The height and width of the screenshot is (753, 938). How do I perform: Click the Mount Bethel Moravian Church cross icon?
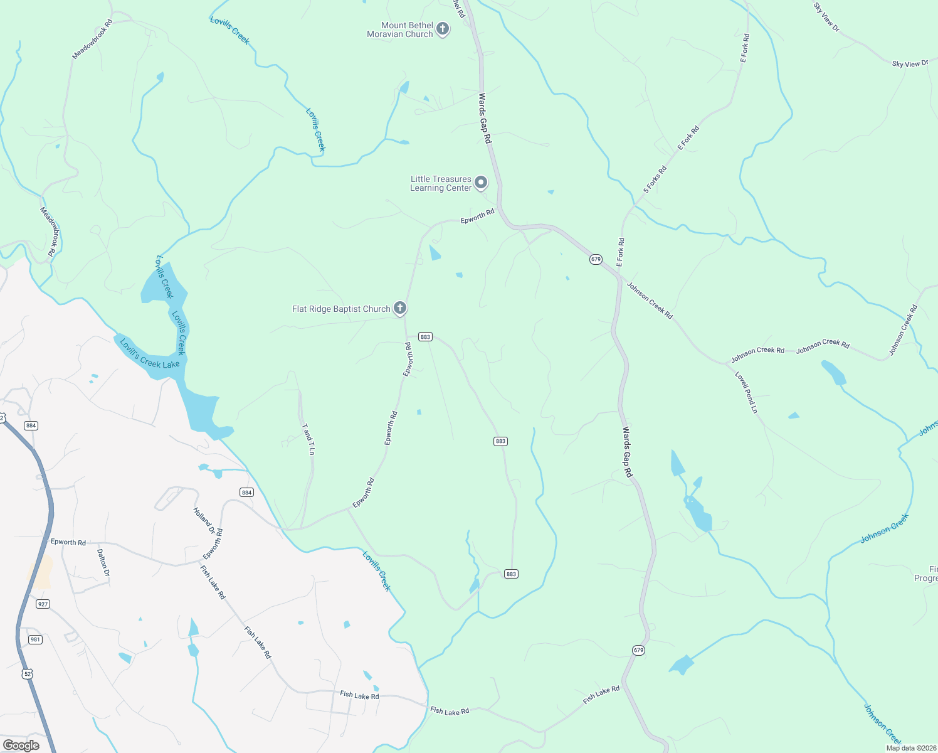tap(443, 29)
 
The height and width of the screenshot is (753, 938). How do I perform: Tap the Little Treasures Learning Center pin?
tap(481, 183)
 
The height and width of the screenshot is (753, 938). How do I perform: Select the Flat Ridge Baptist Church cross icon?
tap(400, 308)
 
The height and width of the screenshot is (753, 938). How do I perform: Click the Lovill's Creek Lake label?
tap(150, 355)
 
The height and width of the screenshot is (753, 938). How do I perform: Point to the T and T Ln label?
tap(308, 439)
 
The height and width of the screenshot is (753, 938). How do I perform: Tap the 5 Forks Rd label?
tap(655, 179)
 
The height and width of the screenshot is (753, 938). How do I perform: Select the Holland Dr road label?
tap(204, 521)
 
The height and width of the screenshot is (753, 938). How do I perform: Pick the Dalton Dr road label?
tap(103, 563)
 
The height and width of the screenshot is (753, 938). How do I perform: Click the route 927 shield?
tap(43, 604)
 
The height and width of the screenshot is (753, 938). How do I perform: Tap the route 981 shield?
tap(35, 639)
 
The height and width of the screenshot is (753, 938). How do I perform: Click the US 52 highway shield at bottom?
tap(26, 673)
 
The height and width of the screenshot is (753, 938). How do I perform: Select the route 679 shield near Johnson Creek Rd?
tap(596, 259)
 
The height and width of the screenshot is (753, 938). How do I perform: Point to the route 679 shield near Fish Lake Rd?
tap(638, 650)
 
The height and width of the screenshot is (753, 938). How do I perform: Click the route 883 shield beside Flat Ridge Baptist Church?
tap(426, 337)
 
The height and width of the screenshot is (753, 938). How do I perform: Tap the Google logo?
tap(21, 745)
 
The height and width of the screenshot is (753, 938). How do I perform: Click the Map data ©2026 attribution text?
tap(910, 748)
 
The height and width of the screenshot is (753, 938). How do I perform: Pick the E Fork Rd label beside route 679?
tap(620, 252)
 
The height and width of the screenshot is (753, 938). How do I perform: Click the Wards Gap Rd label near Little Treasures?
tap(485, 118)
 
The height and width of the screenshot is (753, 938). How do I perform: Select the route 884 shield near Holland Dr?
tap(246, 493)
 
